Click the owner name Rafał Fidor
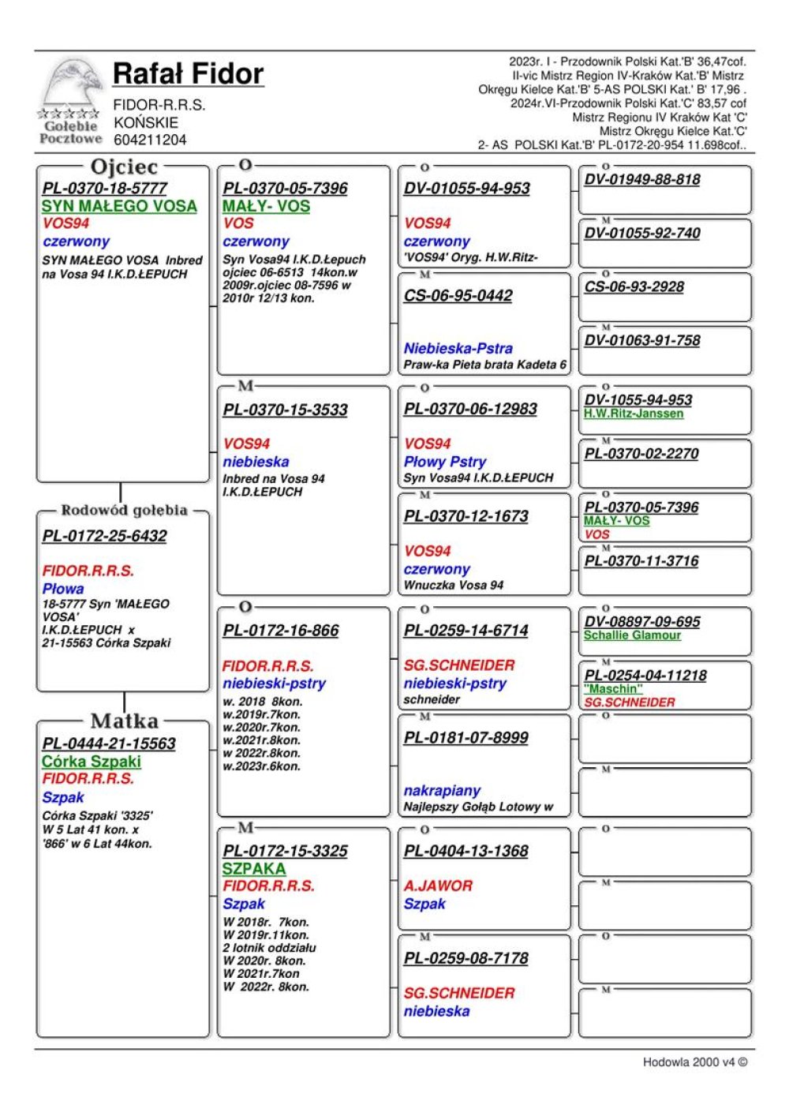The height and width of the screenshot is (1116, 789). (x=188, y=74)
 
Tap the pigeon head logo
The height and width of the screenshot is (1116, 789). (x=70, y=83)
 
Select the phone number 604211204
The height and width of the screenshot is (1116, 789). (x=150, y=140)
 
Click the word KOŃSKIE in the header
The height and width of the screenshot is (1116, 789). (x=146, y=122)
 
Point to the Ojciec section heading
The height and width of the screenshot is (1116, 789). (x=124, y=167)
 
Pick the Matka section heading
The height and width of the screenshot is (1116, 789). (x=125, y=721)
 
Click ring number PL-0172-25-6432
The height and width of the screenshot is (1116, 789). (x=105, y=536)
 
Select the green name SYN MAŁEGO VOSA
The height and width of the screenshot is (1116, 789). (x=119, y=206)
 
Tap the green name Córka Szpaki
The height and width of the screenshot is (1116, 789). (x=92, y=762)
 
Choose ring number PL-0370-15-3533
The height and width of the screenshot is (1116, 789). (x=285, y=410)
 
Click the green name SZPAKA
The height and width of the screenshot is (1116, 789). (x=253, y=868)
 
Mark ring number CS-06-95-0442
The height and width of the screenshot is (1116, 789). (x=458, y=296)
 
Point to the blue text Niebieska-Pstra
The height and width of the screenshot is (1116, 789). (x=458, y=348)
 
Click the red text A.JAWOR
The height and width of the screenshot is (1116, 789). (x=438, y=886)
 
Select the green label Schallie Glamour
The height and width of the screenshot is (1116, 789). (x=632, y=635)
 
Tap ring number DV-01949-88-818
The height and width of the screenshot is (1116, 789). (x=642, y=179)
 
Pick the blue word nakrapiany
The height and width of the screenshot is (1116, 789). (x=442, y=790)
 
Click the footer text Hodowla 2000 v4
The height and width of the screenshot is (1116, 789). (x=694, y=1062)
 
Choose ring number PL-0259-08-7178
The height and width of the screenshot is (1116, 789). (x=466, y=958)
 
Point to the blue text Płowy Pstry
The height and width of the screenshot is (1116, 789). (x=445, y=462)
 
